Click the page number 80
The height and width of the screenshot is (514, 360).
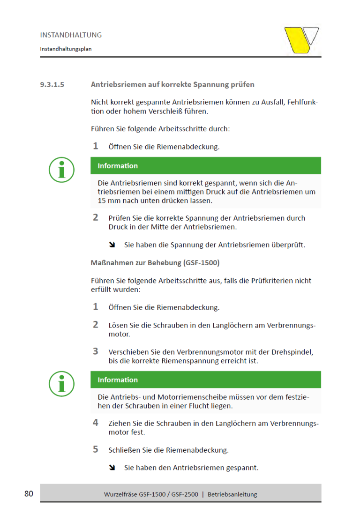pos(29,493)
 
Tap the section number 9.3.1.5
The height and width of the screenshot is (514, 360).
pos(52,85)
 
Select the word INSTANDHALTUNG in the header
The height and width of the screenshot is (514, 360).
pos(71,35)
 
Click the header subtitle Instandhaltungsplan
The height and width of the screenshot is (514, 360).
pos(66,49)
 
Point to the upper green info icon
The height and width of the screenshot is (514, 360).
pos(62,170)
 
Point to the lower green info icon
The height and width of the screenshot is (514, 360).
pos(62,384)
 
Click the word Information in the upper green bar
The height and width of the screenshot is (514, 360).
pos(118,166)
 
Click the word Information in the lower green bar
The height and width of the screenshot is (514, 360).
pos(118,380)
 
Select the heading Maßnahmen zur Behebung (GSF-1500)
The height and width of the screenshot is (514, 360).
pos(155,263)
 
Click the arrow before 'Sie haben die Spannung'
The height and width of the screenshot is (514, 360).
pos(112,245)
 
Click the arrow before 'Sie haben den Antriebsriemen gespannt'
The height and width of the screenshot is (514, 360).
pos(112,468)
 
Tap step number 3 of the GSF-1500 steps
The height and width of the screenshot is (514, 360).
pos(96,351)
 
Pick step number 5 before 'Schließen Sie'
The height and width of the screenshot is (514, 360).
pos(96,449)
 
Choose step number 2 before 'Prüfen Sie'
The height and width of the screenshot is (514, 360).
pos(96,217)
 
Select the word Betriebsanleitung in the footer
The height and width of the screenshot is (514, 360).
pos(232,494)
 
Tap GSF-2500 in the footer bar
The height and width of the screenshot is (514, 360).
pos(183,494)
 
